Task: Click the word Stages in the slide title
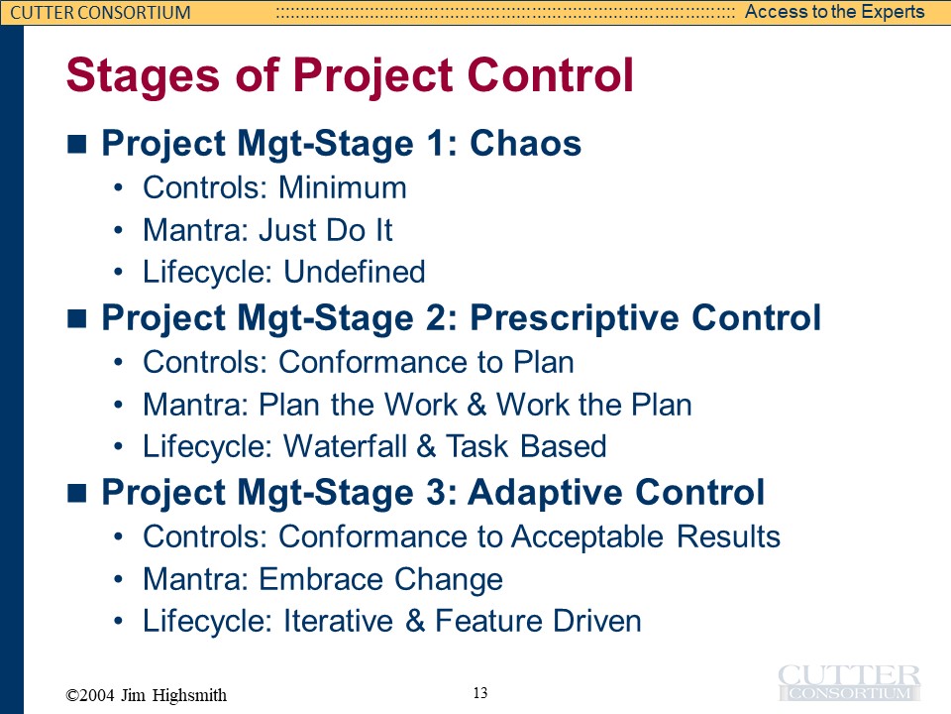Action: [x=143, y=76]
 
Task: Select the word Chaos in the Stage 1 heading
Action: [x=526, y=143]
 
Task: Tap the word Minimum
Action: [x=343, y=187]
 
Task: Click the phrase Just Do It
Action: [x=326, y=230]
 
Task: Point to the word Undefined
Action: [x=355, y=272]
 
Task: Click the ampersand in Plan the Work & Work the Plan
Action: [x=476, y=405]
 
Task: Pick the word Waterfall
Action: [x=345, y=446]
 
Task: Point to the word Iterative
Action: [x=339, y=621]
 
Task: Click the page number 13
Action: [x=480, y=693]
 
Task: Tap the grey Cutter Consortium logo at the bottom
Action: [x=849, y=683]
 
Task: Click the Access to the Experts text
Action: [x=834, y=12]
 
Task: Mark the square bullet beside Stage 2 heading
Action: [x=77, y=318]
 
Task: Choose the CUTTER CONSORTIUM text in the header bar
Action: [x=101, y=12]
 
